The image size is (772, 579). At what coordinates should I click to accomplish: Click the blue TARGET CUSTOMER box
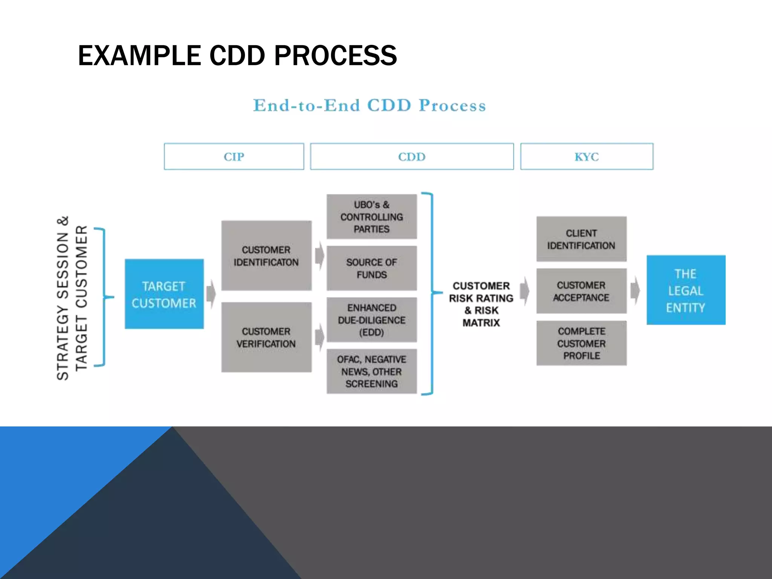164,294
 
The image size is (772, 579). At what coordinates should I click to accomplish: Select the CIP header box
234,156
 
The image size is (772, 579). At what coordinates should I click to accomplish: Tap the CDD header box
412,156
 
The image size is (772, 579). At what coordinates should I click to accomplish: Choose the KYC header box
587,156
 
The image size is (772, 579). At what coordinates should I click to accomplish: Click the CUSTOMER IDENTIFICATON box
266,256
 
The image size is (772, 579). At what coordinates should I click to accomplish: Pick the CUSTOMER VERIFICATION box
266,337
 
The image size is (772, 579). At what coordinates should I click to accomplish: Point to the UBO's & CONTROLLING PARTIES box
371,217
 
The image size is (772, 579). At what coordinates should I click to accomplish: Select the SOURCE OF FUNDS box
371,268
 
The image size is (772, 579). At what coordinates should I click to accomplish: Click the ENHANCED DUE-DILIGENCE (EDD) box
371,320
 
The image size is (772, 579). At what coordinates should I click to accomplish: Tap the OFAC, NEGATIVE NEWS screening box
371,371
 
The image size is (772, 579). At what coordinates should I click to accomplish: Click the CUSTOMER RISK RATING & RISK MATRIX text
481,304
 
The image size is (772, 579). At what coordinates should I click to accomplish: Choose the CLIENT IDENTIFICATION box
581,239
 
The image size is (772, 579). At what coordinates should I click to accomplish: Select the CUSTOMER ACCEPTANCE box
581,291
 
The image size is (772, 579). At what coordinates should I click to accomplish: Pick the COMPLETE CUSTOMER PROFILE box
581,343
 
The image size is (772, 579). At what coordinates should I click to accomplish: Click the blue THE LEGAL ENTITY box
686,290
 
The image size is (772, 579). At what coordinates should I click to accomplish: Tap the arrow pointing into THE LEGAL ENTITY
635,290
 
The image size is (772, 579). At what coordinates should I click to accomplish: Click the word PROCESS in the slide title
335,55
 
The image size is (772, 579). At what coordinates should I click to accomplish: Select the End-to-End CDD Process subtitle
369,105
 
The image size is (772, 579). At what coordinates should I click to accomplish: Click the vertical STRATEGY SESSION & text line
63,298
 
